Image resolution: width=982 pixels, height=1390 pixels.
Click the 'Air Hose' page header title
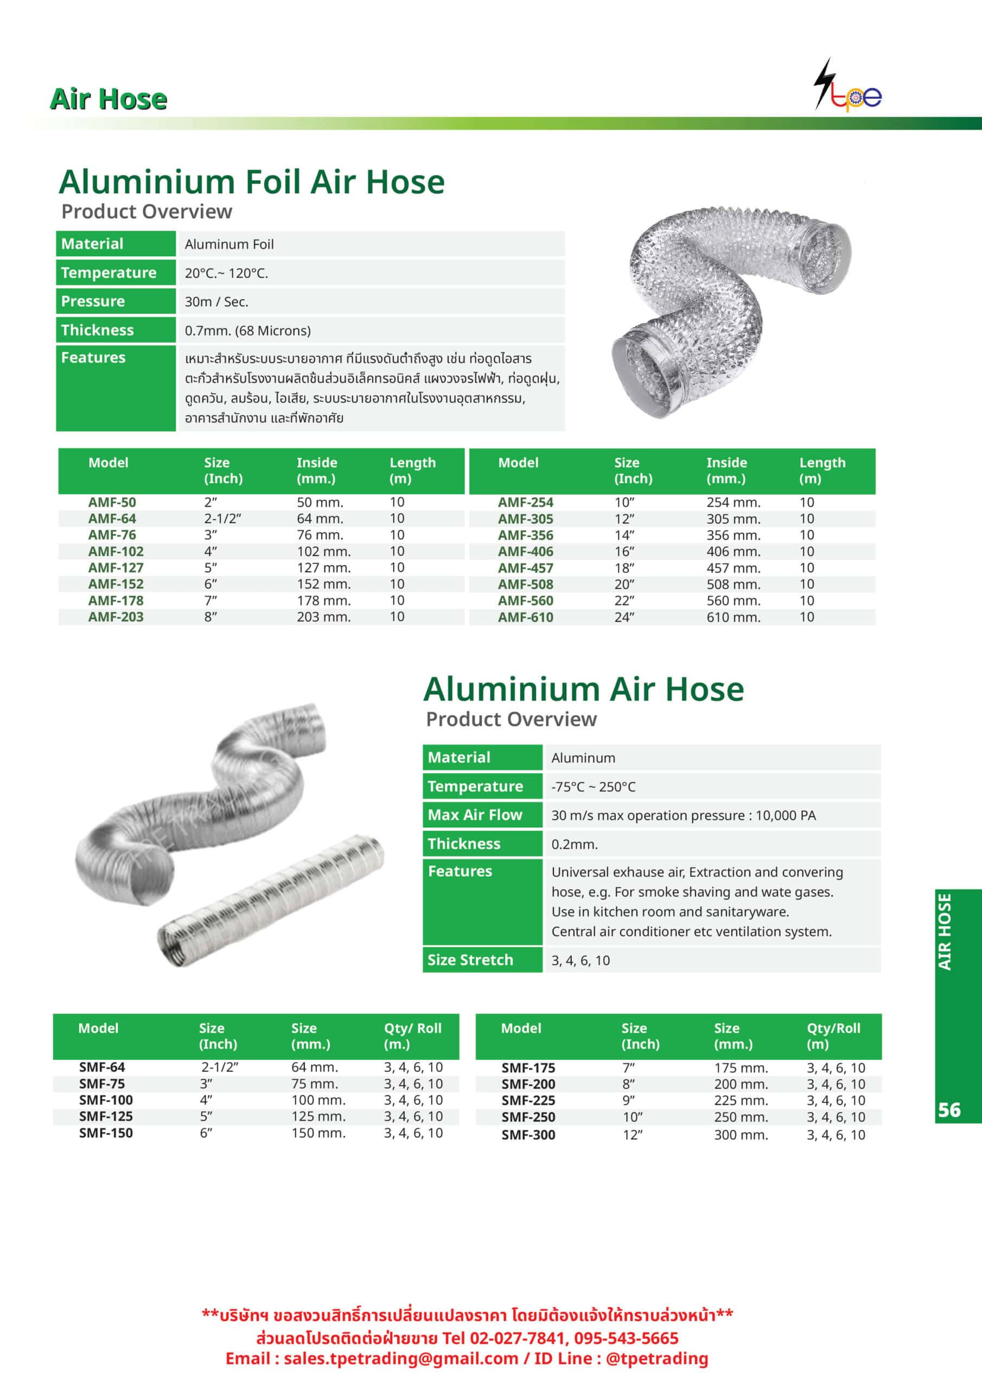pyautogui.click(x=109, y=99)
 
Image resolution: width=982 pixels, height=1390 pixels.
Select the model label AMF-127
pyautogui.click(x=116, y=568)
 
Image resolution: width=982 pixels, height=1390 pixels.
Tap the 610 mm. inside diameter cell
pyautogui.click(x=734, y=617)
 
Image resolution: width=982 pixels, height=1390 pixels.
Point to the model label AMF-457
pyautogui.click(x=525, y=568)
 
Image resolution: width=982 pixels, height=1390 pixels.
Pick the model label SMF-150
pyautogui.click(x=105, y=1133)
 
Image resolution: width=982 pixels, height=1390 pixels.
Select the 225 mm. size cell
pyautogui.click(x=741, y=1100)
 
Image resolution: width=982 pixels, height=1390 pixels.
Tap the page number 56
pyautogui.click(x=949, y=1110)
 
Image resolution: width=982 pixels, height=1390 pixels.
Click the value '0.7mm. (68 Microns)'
pyautogui.click(x=247, y=331)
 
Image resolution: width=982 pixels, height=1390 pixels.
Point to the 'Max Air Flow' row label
pyautogui.click(x=474, y=815)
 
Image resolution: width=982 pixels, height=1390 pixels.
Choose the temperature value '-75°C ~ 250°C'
pyautogui.click(x=593, y=786)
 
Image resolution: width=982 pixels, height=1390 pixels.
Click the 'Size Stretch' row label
pyautogui.click(x=470, y=959)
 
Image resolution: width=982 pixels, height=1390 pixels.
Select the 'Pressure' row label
pyautogui.click(x=93, y=301)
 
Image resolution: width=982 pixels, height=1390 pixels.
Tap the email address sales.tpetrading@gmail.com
pyautogui.click(x=400, y=1358)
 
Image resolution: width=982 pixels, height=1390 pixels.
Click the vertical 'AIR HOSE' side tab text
pyautogui.click(x=945, y=932)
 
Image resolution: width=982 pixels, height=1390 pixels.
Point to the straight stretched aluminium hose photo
pyautogui.click(x=271, y=900)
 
